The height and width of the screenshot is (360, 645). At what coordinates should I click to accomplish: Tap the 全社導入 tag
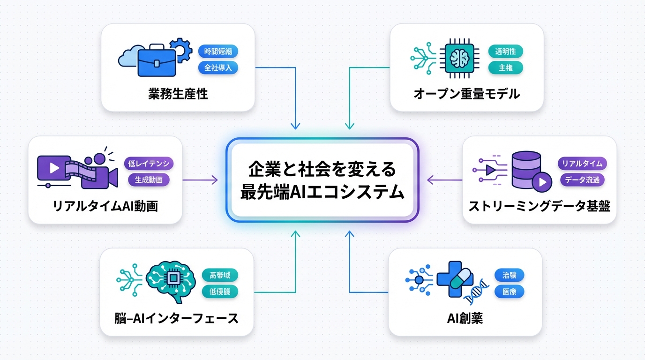[218, 68]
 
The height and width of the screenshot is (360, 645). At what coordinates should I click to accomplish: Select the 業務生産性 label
[178, 94]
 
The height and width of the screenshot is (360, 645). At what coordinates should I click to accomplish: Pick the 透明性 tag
[505, 51]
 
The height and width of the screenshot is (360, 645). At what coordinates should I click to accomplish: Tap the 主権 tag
[505, 68]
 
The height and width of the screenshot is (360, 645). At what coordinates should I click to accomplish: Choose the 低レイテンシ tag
[149, 164]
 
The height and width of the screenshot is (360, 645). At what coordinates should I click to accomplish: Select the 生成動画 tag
[149, 180]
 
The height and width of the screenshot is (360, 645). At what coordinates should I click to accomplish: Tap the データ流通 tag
[582, 180]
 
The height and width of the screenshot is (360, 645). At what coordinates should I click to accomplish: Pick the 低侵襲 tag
[220, 292]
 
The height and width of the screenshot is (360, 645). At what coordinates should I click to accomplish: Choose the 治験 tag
[509, 275]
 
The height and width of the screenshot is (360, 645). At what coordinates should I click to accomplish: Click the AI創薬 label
[465, 318]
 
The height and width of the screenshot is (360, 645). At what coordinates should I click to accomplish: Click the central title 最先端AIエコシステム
[322, 192]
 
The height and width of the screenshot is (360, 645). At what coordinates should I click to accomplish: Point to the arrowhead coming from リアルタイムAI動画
[215, 180]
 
